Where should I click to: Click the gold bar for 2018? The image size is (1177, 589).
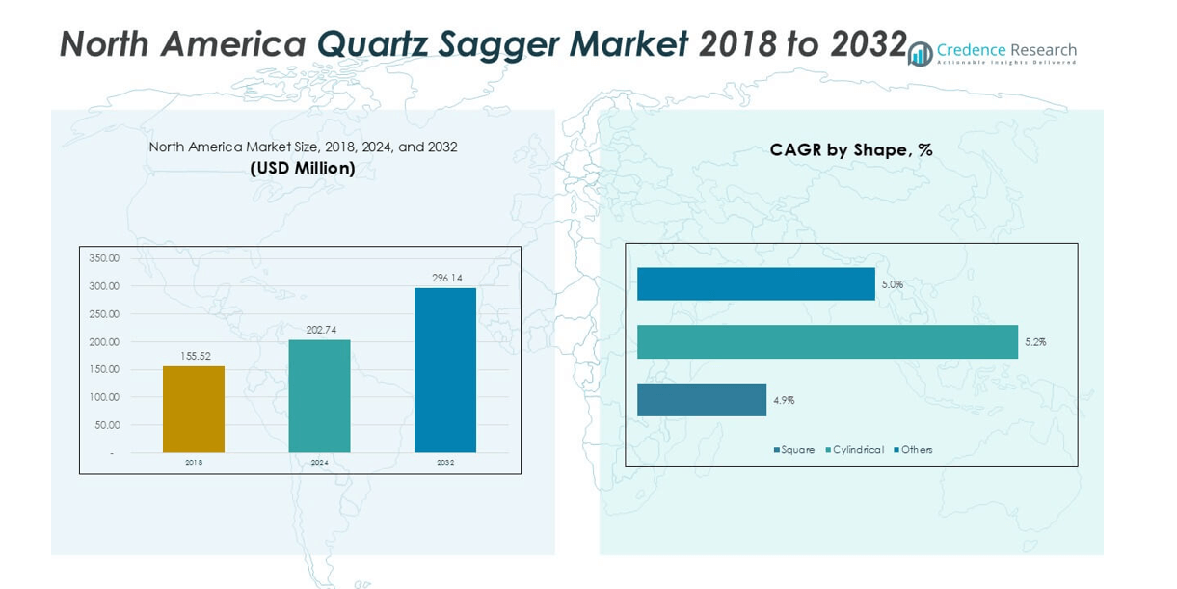(x=193, y=409)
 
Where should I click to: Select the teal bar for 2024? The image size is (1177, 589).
(x=319, y=395)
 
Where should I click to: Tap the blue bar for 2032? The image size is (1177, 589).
(x=445, y=370)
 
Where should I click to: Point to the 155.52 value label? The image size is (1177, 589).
(x=194, y=357)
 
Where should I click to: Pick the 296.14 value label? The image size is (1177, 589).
(x=445, y=278)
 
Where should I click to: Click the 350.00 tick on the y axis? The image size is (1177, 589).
(x=104, y=258)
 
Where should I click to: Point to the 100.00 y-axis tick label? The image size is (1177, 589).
(x=104, y=397)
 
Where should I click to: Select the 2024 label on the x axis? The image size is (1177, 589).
(x=319, y=463)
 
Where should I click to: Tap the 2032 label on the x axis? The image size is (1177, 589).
(x=445, y=463)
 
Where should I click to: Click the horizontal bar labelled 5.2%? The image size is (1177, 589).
(x=827, y=342)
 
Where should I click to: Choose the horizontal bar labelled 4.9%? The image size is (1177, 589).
(x=702, y=400)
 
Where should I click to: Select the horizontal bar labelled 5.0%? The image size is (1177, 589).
(x=756, y=284)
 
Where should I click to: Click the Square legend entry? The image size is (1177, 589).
(x=794, y=450)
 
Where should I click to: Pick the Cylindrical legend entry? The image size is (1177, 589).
(x=855, y=450)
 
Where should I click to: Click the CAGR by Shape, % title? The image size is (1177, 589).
(x=851, y=150)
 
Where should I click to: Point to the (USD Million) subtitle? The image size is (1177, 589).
(x=303, y=169)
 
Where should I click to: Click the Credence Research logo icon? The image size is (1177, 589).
(x=921, y=54)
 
